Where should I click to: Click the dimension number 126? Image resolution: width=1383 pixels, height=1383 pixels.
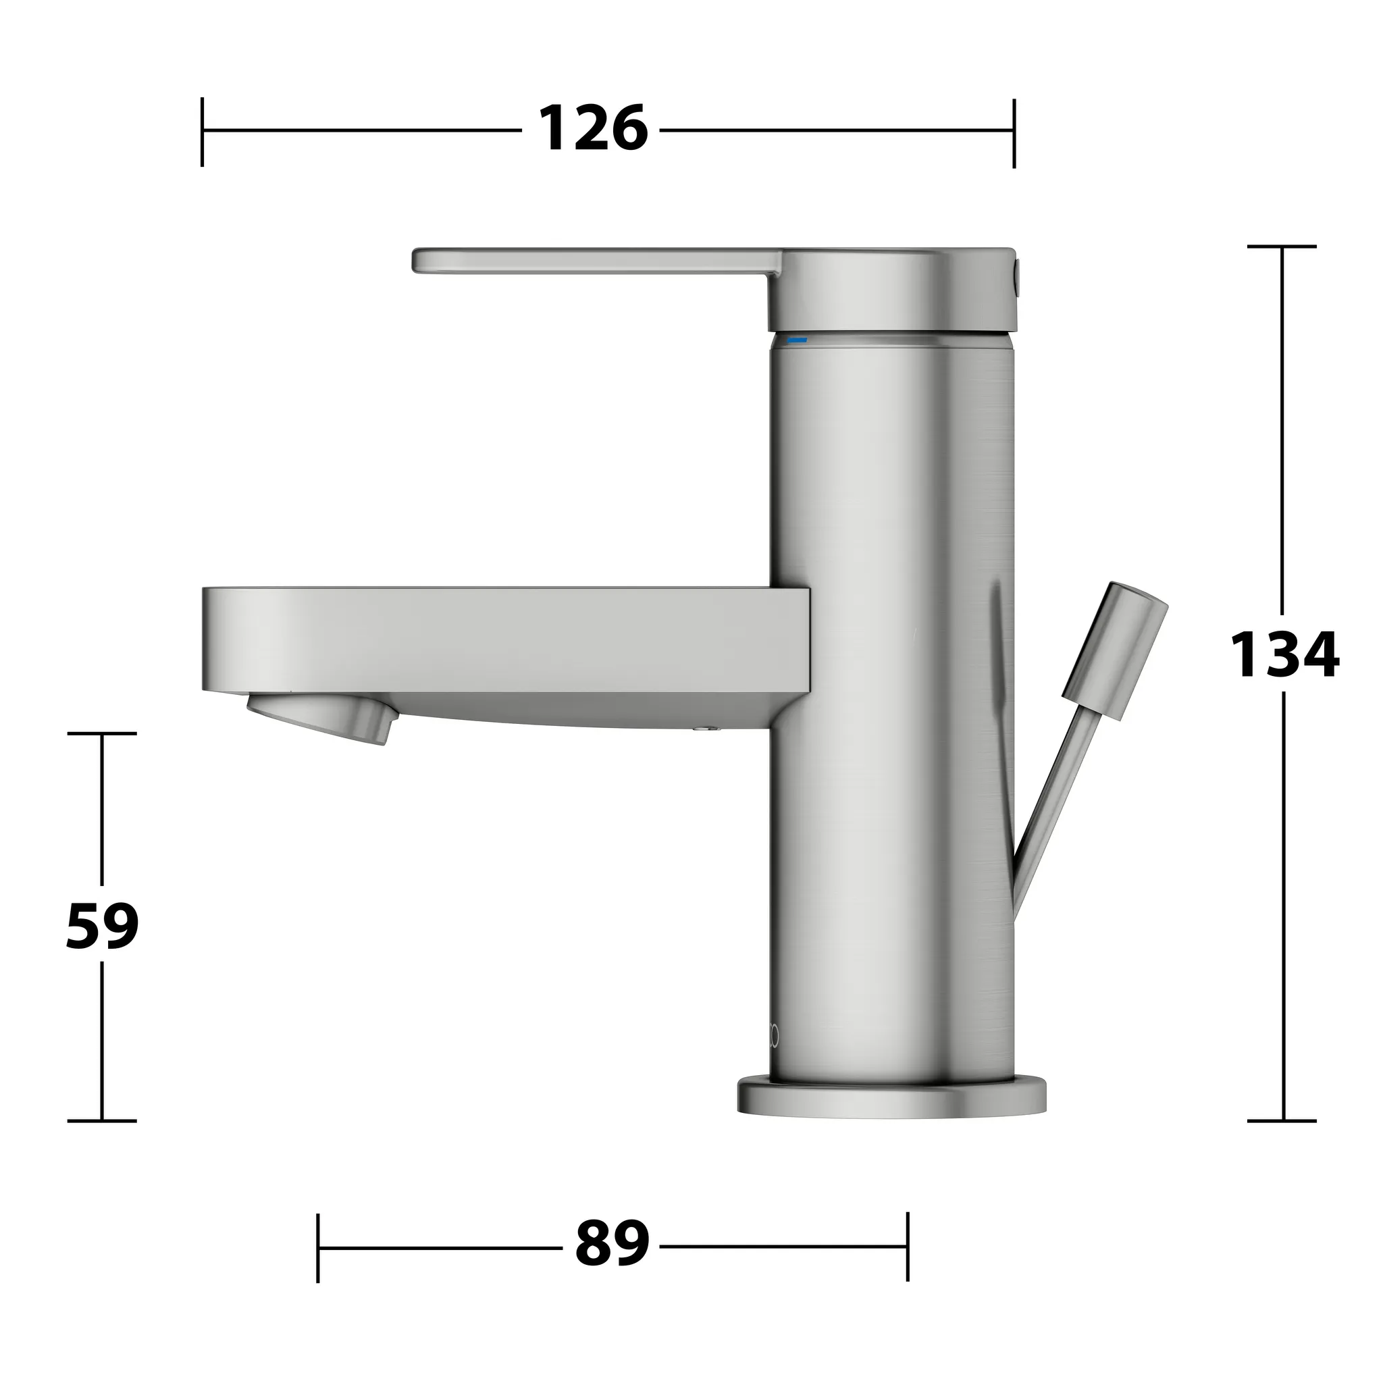[x=593, y=129]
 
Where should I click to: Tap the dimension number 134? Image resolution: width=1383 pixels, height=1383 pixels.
[x=1284, y=654]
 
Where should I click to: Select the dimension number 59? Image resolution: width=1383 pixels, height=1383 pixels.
[x=103, y=927]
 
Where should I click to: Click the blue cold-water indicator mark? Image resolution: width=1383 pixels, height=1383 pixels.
[x=797, y=340]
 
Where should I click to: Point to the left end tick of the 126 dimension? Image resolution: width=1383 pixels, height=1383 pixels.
[x=203, y=132]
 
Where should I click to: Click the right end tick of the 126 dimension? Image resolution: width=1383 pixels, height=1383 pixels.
[x=1014, y=133]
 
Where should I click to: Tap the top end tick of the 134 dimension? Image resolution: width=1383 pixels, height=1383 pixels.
[x=1281, y=246]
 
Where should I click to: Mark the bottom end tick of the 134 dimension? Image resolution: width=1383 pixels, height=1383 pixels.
[x=1281, y=1121]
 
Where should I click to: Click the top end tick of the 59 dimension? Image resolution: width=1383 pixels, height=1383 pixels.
[x=102, y=734]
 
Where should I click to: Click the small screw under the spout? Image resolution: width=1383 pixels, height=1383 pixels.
[x=708, y=729]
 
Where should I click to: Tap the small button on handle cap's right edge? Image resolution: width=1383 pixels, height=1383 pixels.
[x=1018, y=273]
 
